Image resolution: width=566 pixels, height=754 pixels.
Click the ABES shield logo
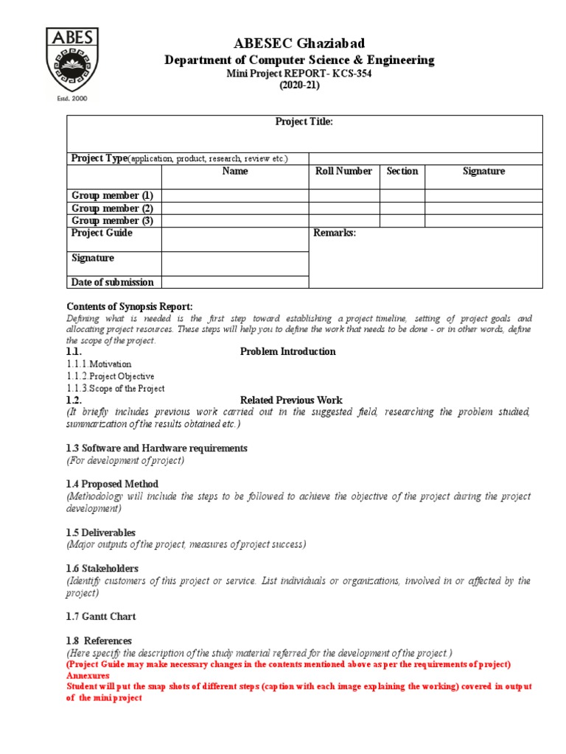click(x=72, y=60)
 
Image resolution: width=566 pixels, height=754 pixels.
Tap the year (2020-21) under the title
click(x=298, y=85)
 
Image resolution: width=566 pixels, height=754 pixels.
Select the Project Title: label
click(x=304, y=121)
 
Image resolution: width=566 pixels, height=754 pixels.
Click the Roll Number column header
click(x=343, y=171)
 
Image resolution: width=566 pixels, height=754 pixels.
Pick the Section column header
click(x=402, y=171)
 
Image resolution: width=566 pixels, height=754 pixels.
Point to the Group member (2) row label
click(x=112, y=208)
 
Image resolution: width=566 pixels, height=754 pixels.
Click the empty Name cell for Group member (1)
click(x=234, y=196)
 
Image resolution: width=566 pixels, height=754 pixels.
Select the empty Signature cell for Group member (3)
click(x=483, y=221)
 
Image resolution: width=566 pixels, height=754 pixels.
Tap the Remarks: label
click(x=335, y=233)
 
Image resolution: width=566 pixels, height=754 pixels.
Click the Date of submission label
click(x=112, y=282)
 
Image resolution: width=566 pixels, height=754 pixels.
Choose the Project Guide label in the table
click(x=102, y=233)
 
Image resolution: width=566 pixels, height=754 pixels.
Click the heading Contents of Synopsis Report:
click(x=130, y=306)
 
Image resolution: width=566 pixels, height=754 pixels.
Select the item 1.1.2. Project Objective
click(x=110, y=376)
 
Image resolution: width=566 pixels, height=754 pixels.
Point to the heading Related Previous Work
click(x=291, y=401)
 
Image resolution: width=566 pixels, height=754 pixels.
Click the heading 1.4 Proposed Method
click(x=112, y=485)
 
